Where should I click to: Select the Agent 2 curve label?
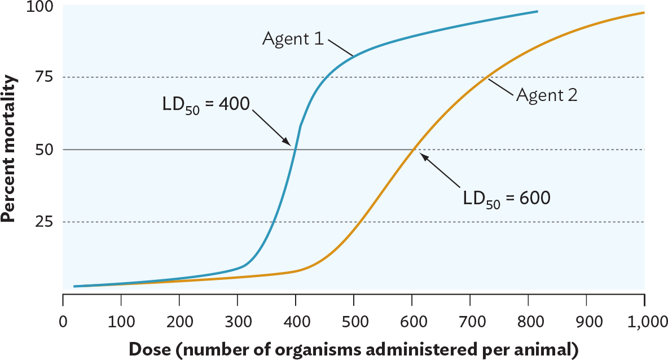coord(546,95)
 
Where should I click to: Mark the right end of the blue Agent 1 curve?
coord(537,11)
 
